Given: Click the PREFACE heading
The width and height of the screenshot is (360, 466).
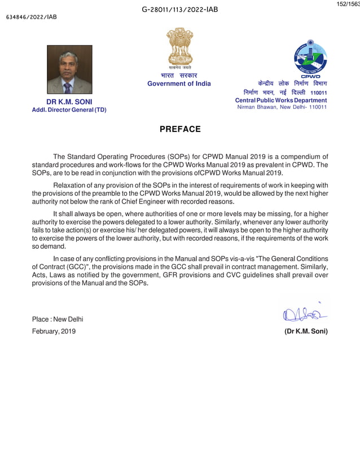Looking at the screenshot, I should pos(180,129).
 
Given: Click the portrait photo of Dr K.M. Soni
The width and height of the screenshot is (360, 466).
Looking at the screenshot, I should pos(69,69).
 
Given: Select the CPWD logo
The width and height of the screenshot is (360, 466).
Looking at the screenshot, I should pos(310,59).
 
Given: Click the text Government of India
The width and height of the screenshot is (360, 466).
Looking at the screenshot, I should pos(179,83).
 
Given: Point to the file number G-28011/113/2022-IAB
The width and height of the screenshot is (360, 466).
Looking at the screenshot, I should pos(180,10).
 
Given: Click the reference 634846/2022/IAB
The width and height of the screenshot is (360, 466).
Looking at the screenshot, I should pos(31,17).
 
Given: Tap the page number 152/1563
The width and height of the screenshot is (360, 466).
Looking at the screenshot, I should pos(348,4).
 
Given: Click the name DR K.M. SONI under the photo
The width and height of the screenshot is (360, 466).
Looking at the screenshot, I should pos(69,102).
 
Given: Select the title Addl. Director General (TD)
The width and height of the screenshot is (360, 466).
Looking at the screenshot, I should pos(69,109).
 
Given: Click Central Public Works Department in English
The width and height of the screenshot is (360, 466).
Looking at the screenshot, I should pos(280,100).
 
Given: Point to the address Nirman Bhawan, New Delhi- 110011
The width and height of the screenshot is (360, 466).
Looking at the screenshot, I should pos(282,107).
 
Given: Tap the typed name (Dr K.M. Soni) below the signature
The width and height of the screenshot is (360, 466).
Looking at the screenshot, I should pos(306,331).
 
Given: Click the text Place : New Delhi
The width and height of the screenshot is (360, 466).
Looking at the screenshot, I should pos(58,319).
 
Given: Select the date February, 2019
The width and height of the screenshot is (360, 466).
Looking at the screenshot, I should pos(54,331).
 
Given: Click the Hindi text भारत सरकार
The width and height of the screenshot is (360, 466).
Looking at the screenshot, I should pos(179,75).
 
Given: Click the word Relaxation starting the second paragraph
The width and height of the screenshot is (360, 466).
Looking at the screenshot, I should pos(71,185).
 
